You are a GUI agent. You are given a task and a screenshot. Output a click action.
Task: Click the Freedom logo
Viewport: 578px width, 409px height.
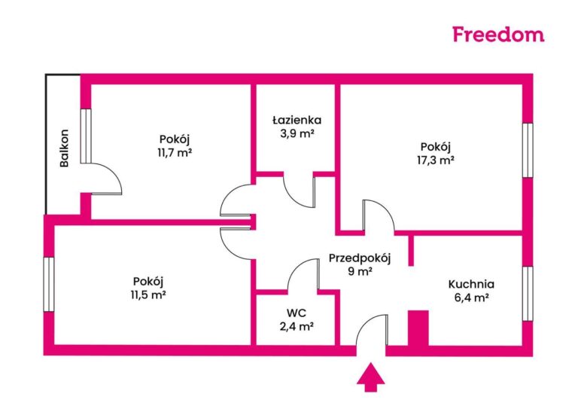[497, 33]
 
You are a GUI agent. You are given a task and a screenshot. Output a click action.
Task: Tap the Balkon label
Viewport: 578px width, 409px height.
[65, 148]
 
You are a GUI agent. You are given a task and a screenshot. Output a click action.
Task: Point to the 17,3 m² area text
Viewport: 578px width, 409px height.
[437, 160]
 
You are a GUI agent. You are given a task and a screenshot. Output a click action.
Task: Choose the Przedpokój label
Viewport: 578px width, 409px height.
[360, 258]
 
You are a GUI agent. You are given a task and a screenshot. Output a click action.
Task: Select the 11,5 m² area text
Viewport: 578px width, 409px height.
[147, 295]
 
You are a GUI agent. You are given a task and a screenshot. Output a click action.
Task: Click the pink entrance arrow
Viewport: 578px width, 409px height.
[368, 377]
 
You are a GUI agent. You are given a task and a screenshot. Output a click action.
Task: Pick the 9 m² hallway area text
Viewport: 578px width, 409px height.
[360, 272]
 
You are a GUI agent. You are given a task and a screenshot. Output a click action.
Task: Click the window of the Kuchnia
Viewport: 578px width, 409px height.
[528, 289]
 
